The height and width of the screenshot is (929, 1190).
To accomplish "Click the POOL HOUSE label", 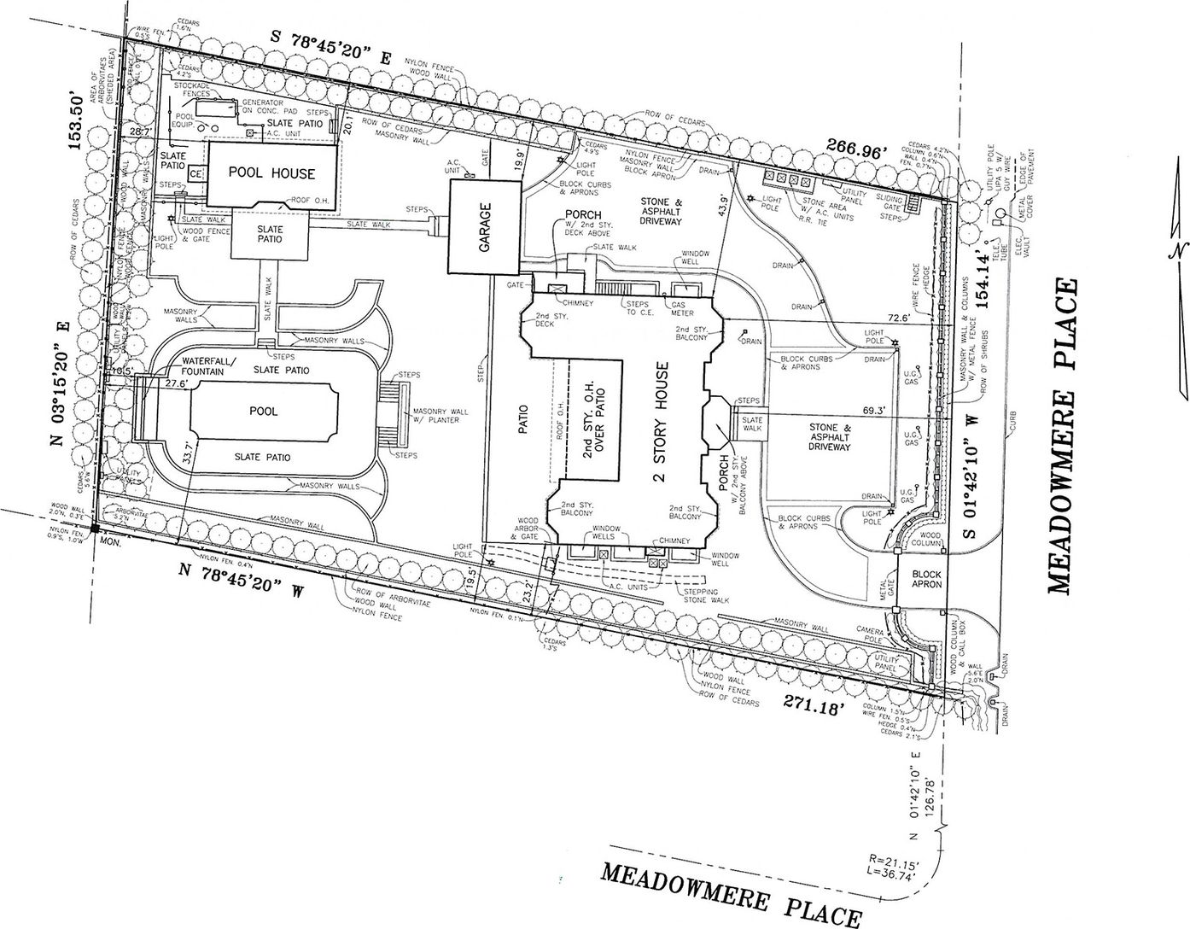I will pos(271,173).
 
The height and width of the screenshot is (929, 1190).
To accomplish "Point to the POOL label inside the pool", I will pos(263,411).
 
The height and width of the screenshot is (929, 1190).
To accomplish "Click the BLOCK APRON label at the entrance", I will pos(925,580).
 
